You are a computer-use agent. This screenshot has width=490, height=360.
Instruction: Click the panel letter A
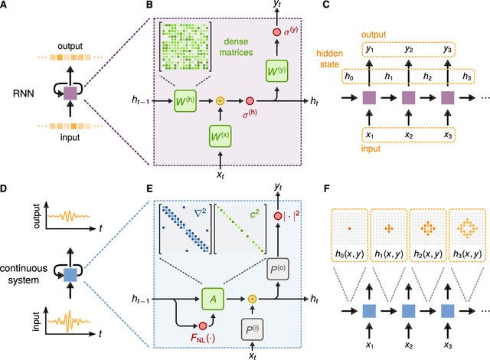7,7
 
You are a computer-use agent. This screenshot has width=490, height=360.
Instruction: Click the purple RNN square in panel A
70,93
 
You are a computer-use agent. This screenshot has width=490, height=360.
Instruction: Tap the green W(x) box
220,137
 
